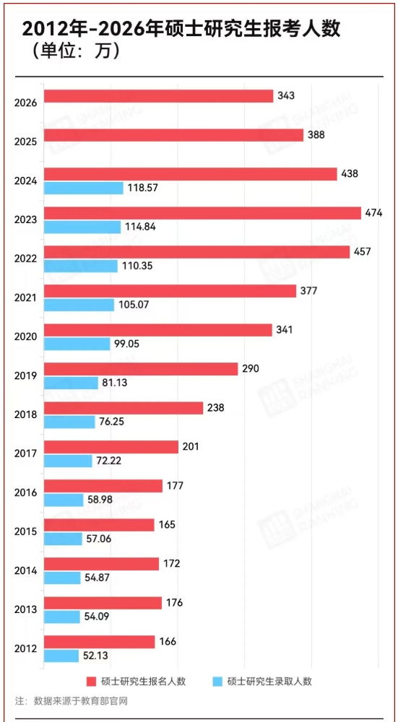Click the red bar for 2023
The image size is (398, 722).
(202, 213)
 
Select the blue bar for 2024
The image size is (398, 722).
(84, 188)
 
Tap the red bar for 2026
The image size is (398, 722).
(159, 96)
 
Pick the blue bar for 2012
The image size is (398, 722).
(61, 656)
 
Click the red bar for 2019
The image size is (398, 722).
(141, 369)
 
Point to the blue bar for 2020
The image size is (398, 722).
(77, 344)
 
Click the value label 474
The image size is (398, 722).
(375, 213)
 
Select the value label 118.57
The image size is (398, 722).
(142, 188)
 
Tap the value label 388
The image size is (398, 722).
(316, 135)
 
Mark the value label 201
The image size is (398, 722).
(191, 447)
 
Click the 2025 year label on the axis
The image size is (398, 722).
(25, 141)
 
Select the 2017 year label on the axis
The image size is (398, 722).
(25, 453)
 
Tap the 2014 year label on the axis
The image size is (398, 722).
(25, 570)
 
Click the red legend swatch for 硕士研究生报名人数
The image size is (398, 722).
(92, 681)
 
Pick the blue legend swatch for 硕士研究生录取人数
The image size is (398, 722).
(218, 681)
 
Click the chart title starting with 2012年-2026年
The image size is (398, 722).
(181, 29)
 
